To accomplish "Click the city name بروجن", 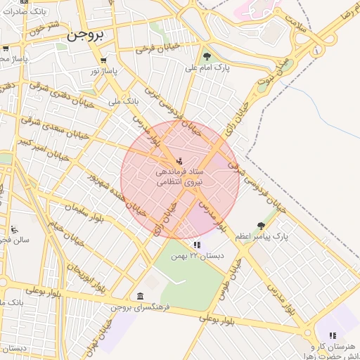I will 84,35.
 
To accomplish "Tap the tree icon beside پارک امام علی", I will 206,56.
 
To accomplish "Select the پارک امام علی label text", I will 206,68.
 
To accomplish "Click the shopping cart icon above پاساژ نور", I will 104,60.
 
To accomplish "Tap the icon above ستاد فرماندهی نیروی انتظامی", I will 179,161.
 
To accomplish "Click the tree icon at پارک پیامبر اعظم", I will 262,226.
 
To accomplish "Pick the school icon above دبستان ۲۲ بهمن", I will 197,245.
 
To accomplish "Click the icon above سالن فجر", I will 14,229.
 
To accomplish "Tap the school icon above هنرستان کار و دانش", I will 333,335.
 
